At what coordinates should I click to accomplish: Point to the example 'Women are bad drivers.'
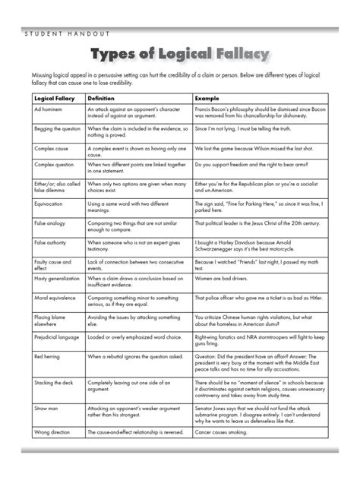[226, 280]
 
